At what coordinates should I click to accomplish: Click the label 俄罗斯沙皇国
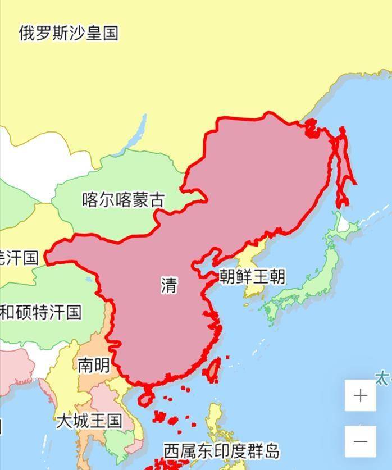pos(69,33)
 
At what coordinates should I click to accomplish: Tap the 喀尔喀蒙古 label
pos(124,200)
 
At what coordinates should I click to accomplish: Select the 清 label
pos(168,285)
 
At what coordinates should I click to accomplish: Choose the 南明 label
pos(93,366)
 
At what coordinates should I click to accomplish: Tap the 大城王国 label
pos(89,421)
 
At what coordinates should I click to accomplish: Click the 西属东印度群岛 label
pos(221,450)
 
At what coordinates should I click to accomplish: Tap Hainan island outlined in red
pos(146,398)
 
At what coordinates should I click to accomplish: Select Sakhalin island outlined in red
pos(343,168)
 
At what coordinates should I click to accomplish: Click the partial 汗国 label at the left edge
pos(18,258)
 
